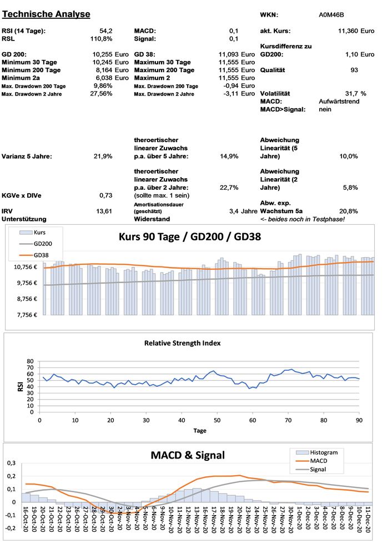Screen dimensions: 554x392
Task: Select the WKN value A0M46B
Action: (332, 15)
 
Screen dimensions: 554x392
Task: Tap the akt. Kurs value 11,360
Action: (349, 31)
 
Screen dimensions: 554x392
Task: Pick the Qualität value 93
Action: (354, 70)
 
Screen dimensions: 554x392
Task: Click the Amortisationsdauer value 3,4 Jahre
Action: (243, 211)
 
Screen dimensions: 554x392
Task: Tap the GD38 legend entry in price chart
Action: (42, 255)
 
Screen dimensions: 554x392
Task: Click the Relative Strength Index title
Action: (182, 343)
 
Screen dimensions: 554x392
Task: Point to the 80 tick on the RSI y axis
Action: (31, 361)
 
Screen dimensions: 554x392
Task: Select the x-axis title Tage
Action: (199, 430)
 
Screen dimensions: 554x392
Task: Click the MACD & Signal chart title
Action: (187, 456)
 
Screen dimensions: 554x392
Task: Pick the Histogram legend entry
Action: (323, 452)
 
